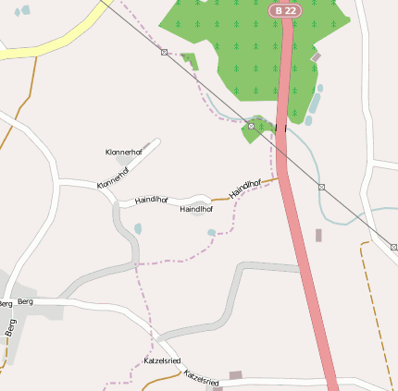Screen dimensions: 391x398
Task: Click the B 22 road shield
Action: click(284, 9)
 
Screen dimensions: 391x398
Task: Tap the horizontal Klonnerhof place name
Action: click(124, 151)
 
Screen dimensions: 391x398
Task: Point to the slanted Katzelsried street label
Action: click(202, 378)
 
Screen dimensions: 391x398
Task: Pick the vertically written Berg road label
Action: click(11, 327)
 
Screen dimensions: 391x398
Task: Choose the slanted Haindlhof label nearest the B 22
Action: click(245, 188)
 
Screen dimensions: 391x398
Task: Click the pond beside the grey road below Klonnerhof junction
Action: click(138, 227)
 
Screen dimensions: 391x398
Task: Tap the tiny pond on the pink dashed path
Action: click(212, 233)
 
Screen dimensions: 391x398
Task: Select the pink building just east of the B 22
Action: click(318, 236)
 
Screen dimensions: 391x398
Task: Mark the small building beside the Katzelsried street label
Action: click(235, 374)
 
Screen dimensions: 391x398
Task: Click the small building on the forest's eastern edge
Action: click(316, 57)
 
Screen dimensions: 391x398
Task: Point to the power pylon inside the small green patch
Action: click(251, 125)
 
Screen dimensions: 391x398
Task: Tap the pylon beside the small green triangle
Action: click(164, 53)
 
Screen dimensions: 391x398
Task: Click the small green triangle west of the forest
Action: click(191, 61)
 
